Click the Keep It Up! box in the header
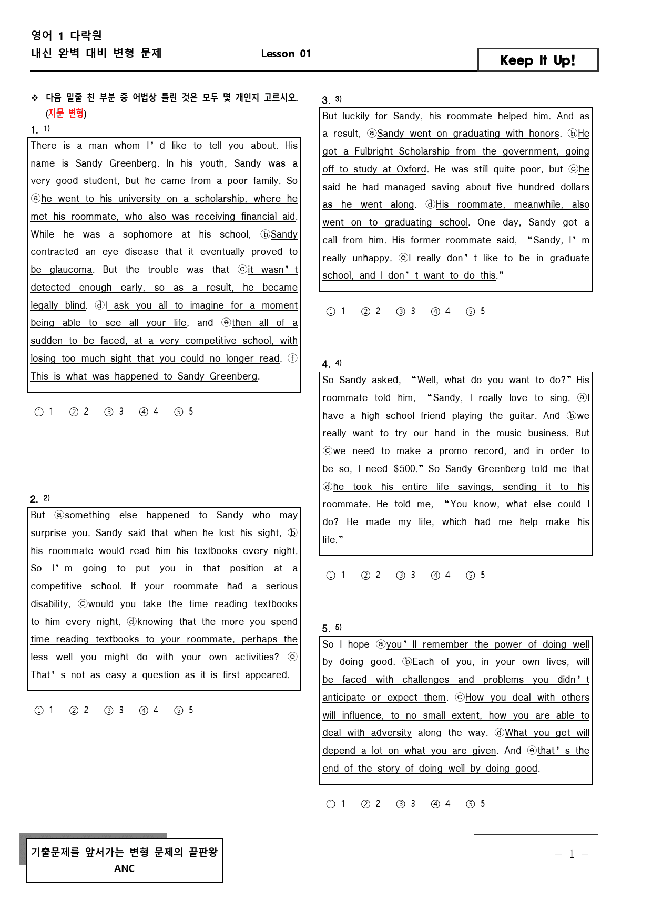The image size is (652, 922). (537, 60)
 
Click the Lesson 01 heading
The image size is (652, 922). (286, 54)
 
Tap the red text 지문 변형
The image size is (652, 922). (66, 113)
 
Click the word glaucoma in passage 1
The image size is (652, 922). (71, 270)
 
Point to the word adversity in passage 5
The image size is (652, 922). (391, 733)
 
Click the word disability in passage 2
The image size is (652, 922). (50, 604)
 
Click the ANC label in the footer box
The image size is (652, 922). (124, 868)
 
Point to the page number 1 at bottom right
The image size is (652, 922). (572, 854)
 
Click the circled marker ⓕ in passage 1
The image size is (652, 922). (292, 358)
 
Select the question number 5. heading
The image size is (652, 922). (327, 629)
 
